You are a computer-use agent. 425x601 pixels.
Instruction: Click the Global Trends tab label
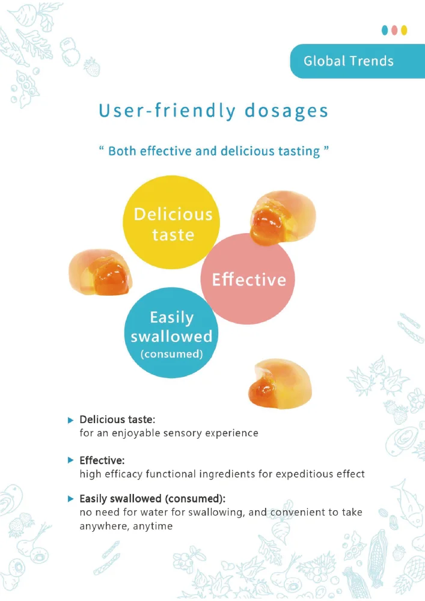[349, 61]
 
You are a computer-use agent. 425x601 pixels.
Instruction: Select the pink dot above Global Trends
[395, 30]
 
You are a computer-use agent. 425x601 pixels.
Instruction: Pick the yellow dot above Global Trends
[405, 30]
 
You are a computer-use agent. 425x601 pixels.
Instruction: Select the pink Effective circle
[248, 279]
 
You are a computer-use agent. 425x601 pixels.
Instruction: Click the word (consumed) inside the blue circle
[171, 354]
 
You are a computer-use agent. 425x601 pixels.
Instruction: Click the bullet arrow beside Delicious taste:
[70, 419]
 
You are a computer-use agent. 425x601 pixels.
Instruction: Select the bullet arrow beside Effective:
[70, 460]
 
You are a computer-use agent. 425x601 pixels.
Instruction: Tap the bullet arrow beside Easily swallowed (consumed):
[70, 499]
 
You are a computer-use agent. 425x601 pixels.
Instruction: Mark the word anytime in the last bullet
[154, 526]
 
